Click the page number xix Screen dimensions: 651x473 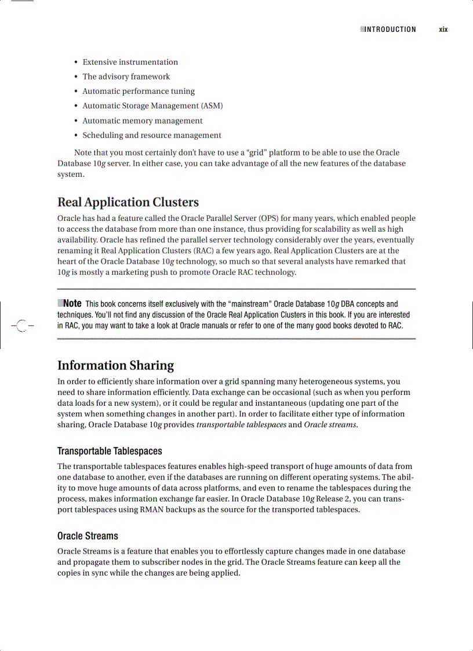[x=443, y=30]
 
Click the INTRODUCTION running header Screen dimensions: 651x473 [x=390, y=30]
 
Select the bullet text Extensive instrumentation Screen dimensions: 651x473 [x=130, y=62]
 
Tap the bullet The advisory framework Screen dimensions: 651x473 [x=126, y=77]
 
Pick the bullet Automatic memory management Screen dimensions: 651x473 [x=142, y=121]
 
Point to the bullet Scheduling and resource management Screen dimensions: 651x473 [x=151, y=135]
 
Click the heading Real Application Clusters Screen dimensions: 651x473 [x=128, y=202]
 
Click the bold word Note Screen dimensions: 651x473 [x=72, y=303]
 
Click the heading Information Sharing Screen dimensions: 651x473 [x=115, y=365]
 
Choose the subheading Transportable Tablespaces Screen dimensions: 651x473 [x=110, y=451]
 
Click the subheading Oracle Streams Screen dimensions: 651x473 [x=88, y=536]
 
